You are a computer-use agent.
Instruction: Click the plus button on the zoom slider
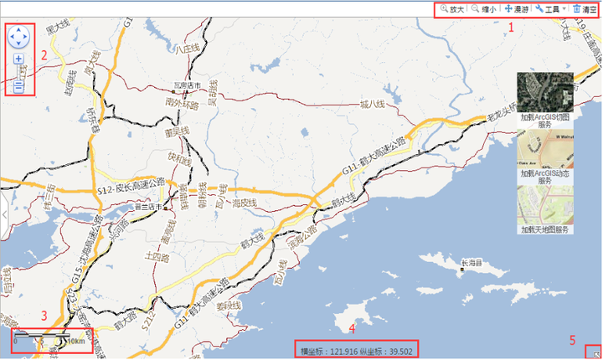point(18,59)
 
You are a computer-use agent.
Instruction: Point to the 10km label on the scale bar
point(75,342)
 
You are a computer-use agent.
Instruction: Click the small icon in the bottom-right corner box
point(595,353)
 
